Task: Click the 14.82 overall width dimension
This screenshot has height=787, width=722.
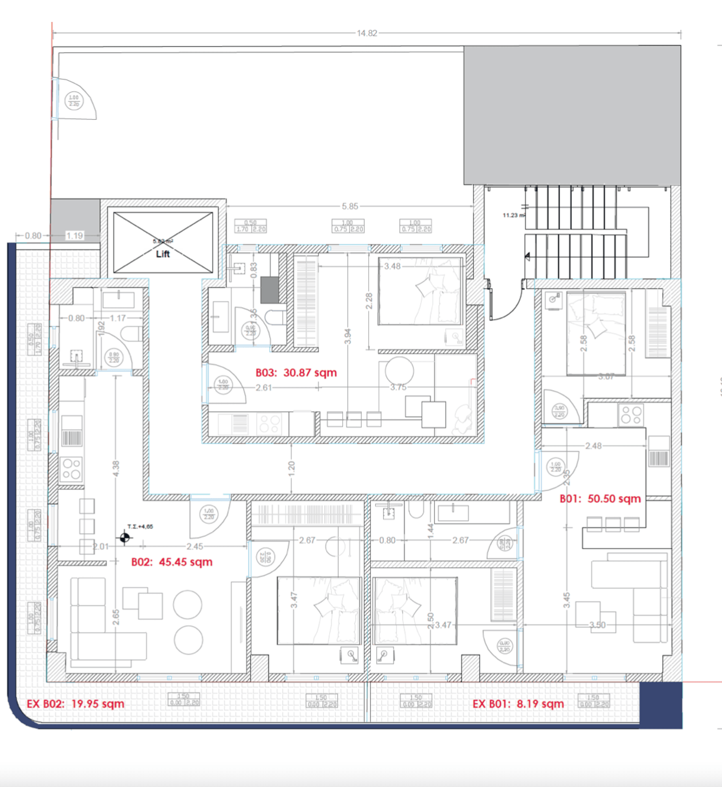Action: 366,33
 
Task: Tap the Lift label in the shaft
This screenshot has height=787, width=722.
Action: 162,254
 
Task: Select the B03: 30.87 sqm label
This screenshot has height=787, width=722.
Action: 296,372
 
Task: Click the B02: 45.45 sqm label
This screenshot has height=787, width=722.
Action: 172,562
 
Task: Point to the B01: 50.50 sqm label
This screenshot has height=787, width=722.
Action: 600,499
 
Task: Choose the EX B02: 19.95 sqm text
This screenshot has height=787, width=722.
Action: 76,703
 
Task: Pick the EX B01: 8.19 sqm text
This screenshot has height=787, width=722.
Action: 518,703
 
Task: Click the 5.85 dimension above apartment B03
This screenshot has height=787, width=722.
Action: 350,206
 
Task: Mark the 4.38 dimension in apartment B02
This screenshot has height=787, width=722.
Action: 116,469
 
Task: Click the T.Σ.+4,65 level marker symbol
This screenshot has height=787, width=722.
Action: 125,538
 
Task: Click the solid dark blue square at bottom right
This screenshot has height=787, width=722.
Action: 661,704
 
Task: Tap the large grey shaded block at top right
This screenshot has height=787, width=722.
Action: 572,115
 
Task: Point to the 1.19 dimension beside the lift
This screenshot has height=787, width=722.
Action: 74,236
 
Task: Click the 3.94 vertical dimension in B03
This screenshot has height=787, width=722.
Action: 348,336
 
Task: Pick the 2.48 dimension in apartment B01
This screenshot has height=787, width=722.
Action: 593,446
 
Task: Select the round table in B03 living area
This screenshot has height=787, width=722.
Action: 399,370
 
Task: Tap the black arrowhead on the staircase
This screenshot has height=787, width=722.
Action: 527,256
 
